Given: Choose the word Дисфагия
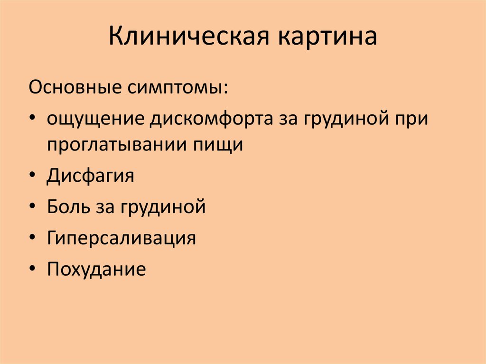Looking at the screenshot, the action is pos(90,176).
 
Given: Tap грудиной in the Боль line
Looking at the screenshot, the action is pos(163,207).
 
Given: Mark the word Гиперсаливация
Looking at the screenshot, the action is pos(121,238).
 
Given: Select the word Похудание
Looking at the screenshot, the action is pos(96,269).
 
